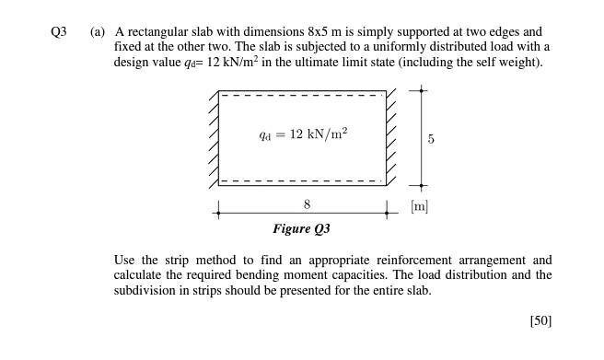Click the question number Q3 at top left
[60, 32]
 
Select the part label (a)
[98, 32]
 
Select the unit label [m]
[420, 208]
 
